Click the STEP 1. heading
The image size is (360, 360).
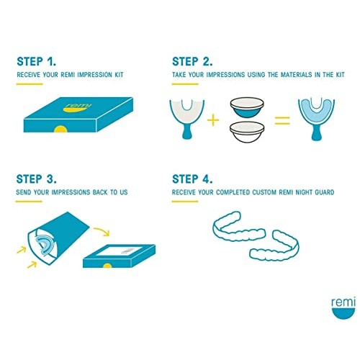pyautogui.click(x=37, y=61)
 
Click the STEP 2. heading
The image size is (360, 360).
pyautogui.click(x=192, y=61)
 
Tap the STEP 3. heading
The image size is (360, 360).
pyautogui.click(x=37, y=179)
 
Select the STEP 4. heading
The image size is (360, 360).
pyautogui.click(x=192, y=179)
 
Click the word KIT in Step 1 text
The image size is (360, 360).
pyautogui.click(x=119, y=75)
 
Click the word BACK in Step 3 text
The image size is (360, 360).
pyautogui.click(x=100, y=192)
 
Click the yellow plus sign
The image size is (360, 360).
pyautogui.click(x=213, y=120)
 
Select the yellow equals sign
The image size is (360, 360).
pyautogui.click(x=282, y=120)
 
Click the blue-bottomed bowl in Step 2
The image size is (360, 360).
pyautogui.click(x=247, y=107)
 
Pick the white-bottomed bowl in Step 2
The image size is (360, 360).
pyautogui.click(x=247, y=132)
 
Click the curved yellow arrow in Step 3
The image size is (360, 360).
pyautogui.click(x=102, y=230)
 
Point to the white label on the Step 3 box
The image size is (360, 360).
pyautogui.click(x=116, y=251)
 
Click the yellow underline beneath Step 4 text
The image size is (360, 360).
pyautogui.click(x=185, y=202)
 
